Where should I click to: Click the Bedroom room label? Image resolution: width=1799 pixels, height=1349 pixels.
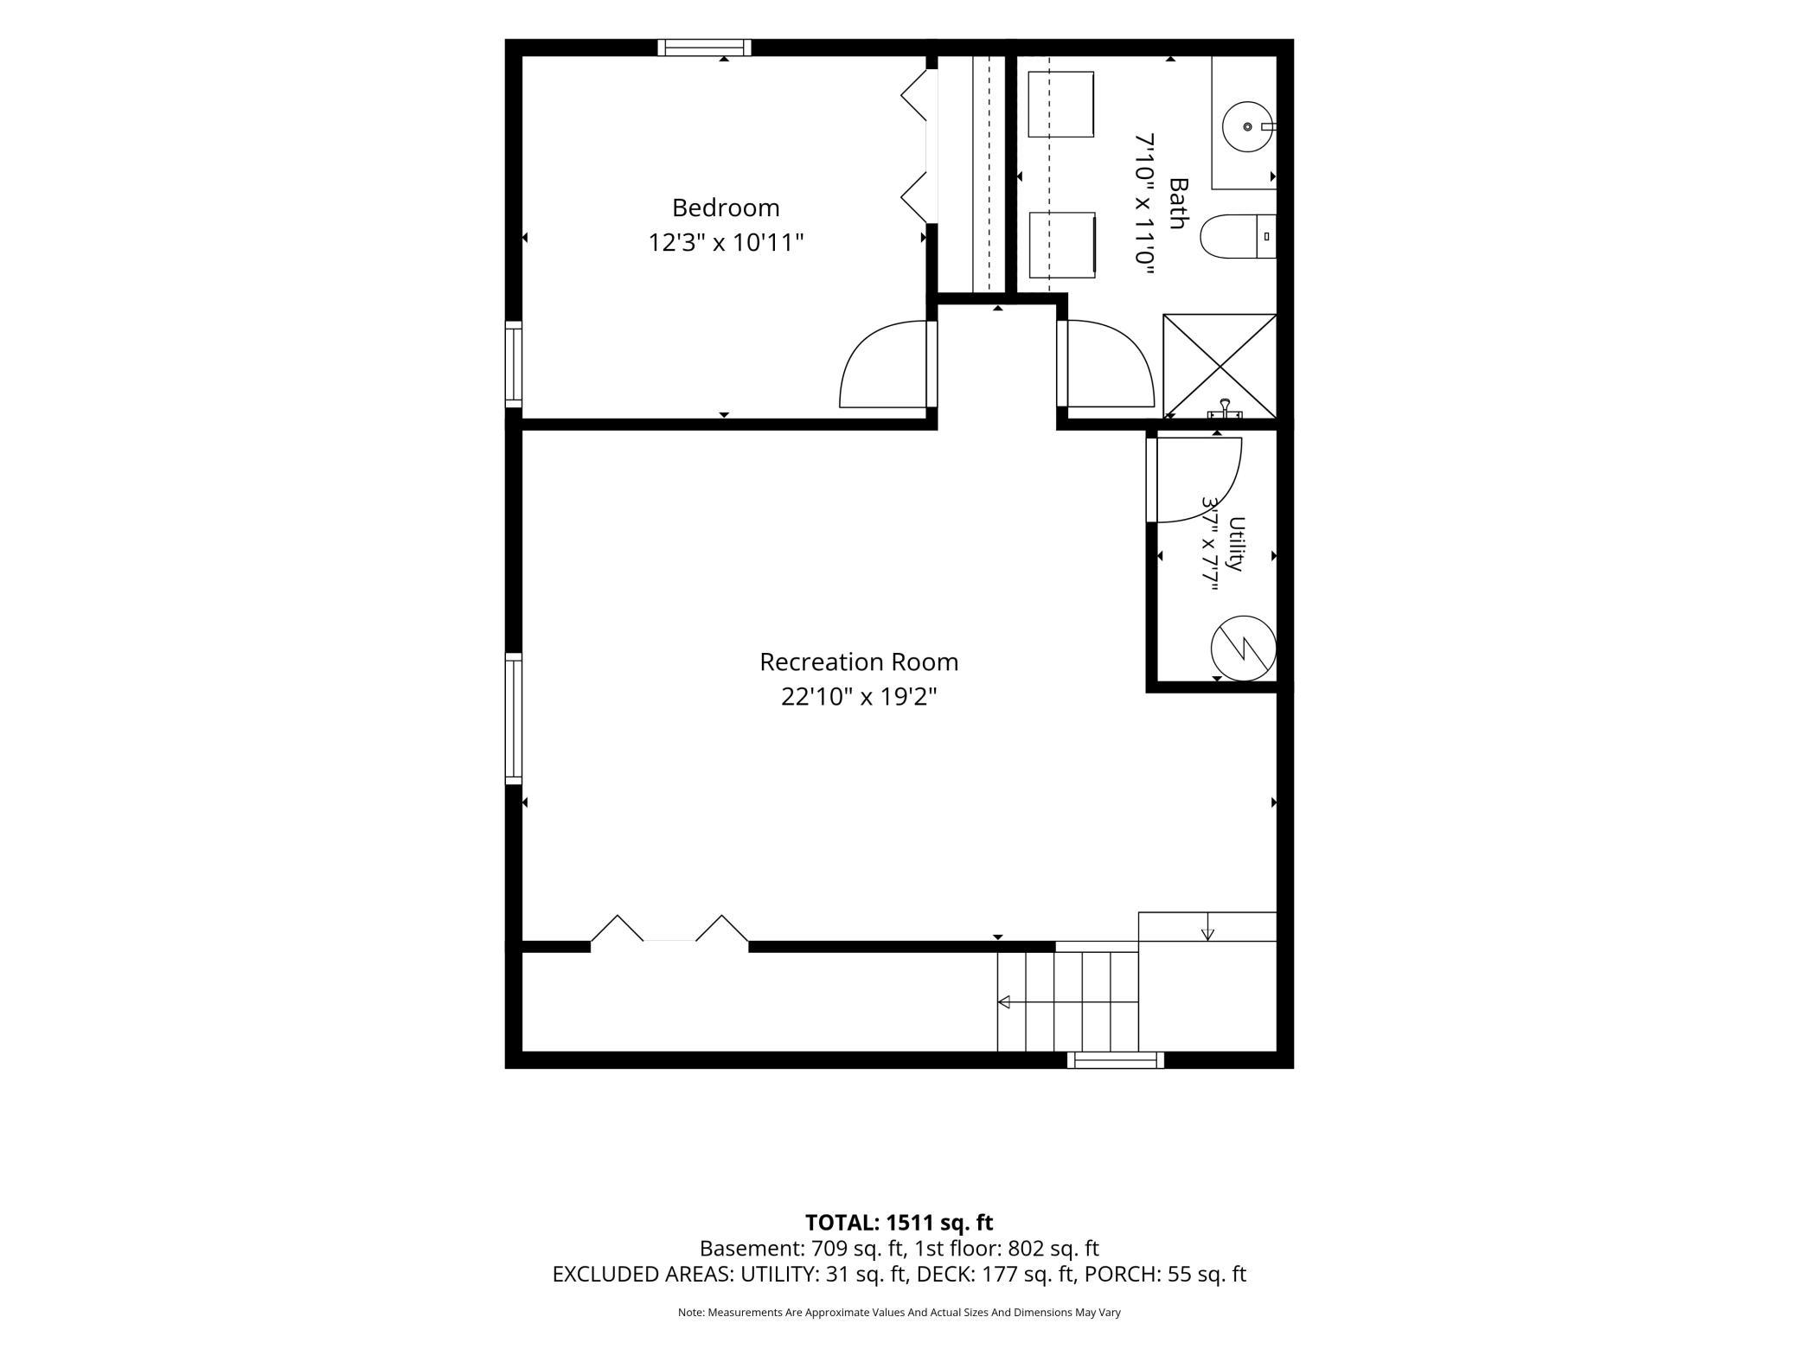point(726,208)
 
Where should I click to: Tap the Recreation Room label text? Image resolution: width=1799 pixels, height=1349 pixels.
point(859,662)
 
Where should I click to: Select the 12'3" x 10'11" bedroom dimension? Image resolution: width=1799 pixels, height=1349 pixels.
point(726,243)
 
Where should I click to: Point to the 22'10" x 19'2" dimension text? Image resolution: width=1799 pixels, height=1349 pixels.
point(859,697)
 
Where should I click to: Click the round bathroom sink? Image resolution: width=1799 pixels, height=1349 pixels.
point(1248,127)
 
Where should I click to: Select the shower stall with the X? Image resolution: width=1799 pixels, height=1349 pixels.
point(1220,366)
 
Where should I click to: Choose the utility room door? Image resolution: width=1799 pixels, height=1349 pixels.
point(1198,480)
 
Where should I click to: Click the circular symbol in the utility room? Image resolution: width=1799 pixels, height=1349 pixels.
point(1244,648)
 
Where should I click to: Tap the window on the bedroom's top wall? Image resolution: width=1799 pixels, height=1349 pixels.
point(704,48)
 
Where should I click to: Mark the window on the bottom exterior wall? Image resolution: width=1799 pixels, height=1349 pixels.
point(1115,1059)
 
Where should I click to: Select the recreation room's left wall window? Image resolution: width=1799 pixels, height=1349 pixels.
point(514,719)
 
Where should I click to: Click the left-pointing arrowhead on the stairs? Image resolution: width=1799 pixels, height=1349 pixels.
point(1003,1002)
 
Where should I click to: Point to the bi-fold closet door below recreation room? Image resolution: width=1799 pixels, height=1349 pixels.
point(669,929)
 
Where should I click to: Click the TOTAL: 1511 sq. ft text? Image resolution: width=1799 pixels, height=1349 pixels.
point(899,1223)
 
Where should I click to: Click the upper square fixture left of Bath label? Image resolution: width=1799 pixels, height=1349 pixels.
point(1061,104)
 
